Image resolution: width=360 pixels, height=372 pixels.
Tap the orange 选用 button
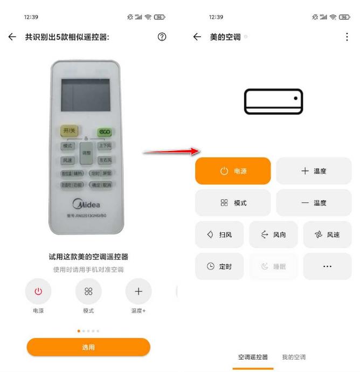click(x=88, y=347)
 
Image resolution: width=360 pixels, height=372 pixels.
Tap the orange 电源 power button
click(x=233, y=171)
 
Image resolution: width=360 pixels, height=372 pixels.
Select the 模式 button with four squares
click(x=233, y=203)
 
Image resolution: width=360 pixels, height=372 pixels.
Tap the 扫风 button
click(x=219, y=235)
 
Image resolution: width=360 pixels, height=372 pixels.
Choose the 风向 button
click(x=273, y=235)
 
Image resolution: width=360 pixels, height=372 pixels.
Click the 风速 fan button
click(x=327, y=235)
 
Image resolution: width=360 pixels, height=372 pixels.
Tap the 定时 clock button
click(x=219, y=266)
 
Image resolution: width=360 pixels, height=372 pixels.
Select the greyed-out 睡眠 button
click(x=273, y=266)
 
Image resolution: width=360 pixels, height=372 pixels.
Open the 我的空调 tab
click(x=294, y=357)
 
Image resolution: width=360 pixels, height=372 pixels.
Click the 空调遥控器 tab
click(x=253, y=357)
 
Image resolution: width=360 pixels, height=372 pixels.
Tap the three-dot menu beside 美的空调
click(x=347, y=37)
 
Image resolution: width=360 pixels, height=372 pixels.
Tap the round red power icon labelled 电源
click(x=38, y=292)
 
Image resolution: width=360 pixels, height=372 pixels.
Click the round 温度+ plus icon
click(x=139, y=292)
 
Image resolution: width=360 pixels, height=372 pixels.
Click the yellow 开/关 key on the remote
click(x=69, y=131)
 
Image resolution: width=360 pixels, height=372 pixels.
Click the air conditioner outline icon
click(x=274, y=101)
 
